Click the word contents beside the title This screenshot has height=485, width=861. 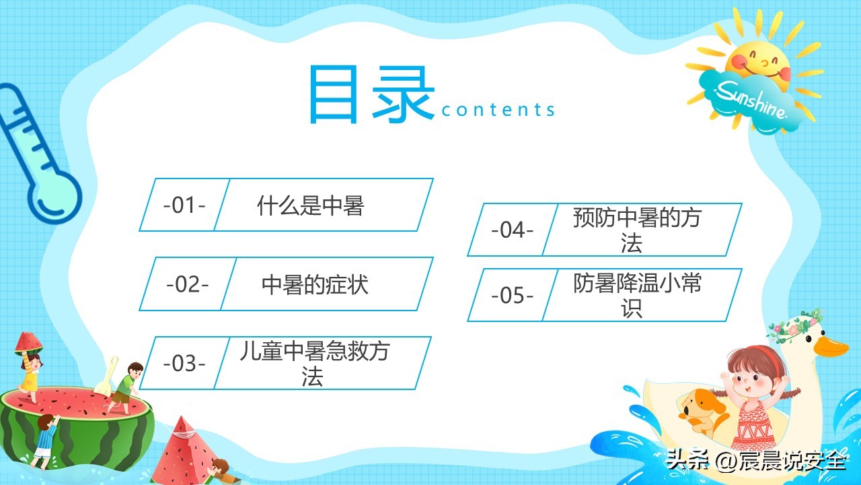tap(498, 110)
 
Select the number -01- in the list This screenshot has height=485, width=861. tap(184, 205)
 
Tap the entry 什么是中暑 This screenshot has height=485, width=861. tap(310, 205)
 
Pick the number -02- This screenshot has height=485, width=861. tap(187, 284)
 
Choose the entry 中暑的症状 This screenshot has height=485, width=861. tap(315, 284)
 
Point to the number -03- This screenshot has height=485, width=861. tap(184, 363)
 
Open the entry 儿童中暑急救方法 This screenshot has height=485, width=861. tap(313, 363)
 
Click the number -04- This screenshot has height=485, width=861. tap(512, 230)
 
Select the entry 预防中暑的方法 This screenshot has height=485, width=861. tap(637, 230)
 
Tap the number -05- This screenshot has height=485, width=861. tap(512, 295)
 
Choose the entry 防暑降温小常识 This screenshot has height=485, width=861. tap(637, 295)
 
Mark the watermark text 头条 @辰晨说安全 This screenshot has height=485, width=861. tap(755, 462)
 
